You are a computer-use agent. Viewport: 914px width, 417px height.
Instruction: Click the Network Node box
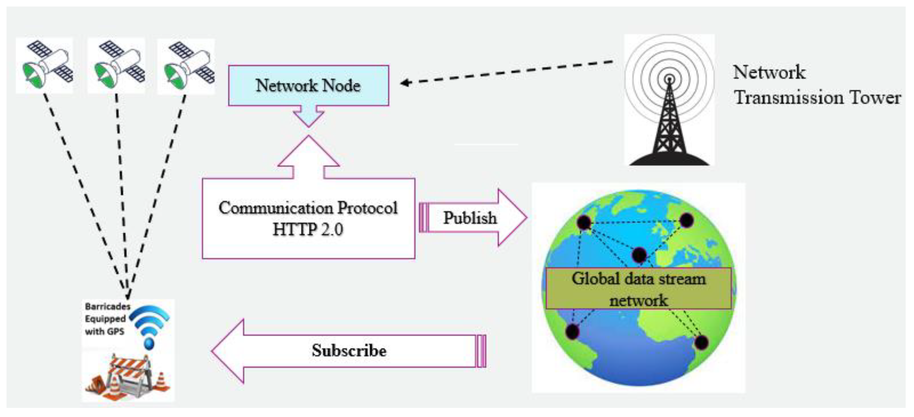[x=308, y=86]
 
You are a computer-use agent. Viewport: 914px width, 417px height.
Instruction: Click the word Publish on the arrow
[x=470, y=218]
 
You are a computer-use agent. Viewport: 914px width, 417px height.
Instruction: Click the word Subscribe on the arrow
[x=349, y=351]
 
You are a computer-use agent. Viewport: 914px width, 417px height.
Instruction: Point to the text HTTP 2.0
[x=308, y=229]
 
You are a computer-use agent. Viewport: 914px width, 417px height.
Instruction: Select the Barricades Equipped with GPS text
[x=106, y=319]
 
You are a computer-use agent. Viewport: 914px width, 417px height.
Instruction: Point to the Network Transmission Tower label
[x=816, y=85]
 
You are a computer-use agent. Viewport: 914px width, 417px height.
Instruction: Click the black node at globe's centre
[x=639, y=255]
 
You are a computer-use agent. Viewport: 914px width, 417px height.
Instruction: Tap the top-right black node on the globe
[x=686, y=220]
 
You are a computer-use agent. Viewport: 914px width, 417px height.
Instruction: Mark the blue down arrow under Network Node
[x=308, y=117]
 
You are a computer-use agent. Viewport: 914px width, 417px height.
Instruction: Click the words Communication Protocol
[x=308, y=208]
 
